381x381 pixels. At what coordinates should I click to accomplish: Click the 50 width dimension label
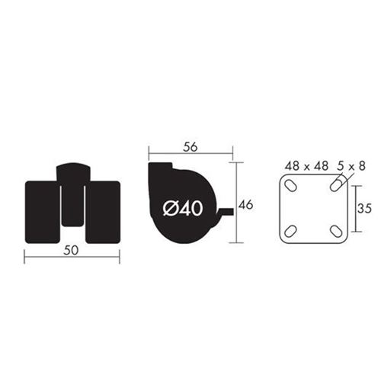(71, 251)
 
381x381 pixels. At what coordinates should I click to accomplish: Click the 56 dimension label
(190, 147)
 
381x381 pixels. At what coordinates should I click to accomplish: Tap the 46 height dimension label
(246, 205)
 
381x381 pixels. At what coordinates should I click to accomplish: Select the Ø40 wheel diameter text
(183, 209)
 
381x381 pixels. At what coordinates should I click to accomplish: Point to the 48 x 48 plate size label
(306, 166)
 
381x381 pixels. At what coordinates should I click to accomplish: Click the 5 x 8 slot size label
(351, 166)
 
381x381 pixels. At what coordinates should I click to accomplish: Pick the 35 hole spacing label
(364, 208)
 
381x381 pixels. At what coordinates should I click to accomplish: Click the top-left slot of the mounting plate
(291, 186)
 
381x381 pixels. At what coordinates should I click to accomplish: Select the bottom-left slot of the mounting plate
(291, 231)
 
